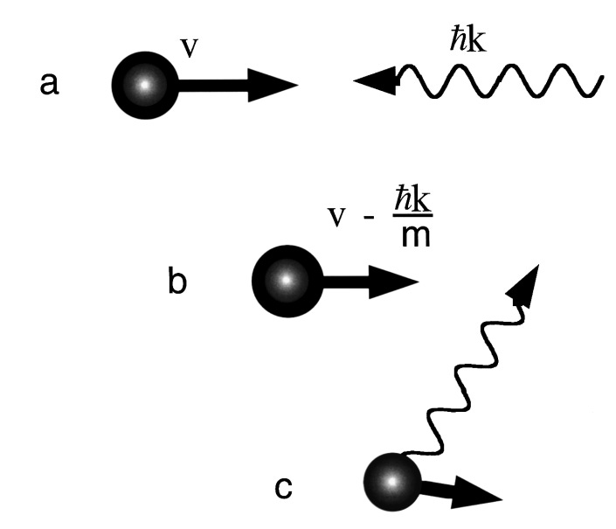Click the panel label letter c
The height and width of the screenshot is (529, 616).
[x=284, y=488]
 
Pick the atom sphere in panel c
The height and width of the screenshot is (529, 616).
[x=392, y=483]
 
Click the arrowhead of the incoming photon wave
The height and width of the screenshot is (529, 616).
[x=374, y=82]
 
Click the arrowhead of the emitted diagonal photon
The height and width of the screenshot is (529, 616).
[x=525, y=285]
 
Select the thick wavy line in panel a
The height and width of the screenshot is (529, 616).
[x=498, y=82]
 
